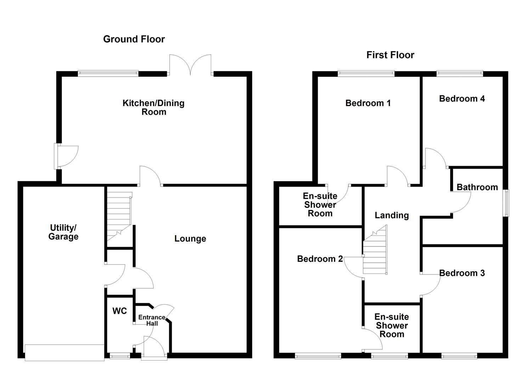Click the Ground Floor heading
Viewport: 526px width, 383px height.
point(134,39)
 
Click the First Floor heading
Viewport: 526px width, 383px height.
point(390,55)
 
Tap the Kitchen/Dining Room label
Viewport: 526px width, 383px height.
point(153,107)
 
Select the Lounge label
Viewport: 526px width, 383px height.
point(190,239)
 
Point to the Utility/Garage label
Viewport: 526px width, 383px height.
point(63,232)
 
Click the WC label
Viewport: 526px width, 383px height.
point(120,311)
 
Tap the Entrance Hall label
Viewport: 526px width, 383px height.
point(152,320)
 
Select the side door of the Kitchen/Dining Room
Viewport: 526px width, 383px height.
point(64,156)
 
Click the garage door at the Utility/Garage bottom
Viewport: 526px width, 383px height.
point(64,352)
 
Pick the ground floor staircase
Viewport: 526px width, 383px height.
point(119,216)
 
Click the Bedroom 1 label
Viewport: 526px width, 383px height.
point(368,103)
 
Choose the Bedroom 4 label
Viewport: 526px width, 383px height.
point(462,99)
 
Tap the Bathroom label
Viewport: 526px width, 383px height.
point(477,187)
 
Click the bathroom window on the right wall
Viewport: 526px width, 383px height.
point(507,203)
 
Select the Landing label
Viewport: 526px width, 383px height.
point(392,215)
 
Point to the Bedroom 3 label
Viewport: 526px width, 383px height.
point(462,273)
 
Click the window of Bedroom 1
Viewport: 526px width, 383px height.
point(366,74)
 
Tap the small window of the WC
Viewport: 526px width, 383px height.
point(120,356)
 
